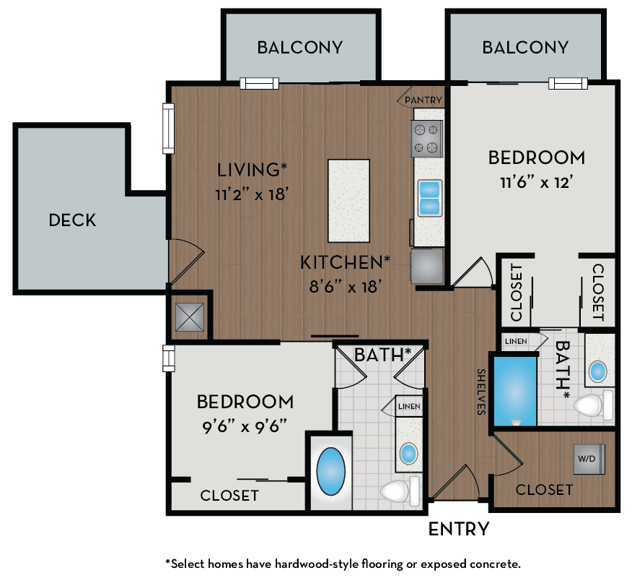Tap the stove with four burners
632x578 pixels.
[426, 139]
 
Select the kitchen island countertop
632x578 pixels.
[348, 201]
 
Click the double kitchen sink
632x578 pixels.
[429, 197]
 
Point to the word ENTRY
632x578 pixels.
[459, 529]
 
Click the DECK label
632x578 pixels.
[72, 220]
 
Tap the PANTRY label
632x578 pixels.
[423, 100]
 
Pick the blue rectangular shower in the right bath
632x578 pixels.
[513, 389]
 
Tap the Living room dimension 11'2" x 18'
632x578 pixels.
[252, 194]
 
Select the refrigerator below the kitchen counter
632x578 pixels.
[426, 267]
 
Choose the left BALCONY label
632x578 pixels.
[299, 48]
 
